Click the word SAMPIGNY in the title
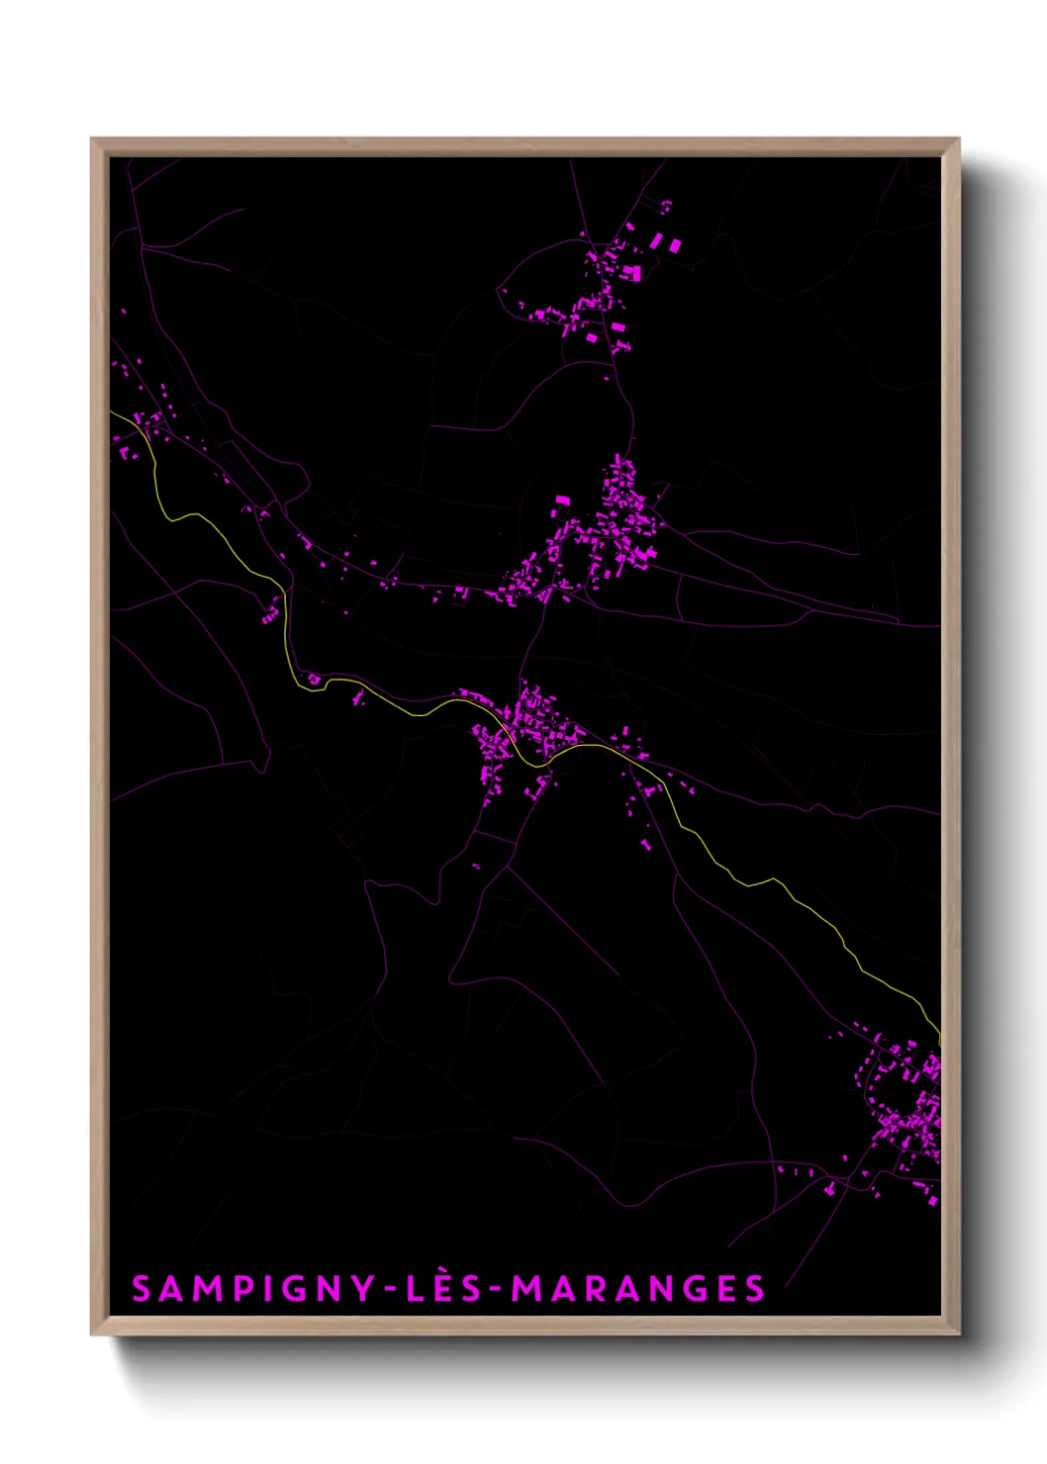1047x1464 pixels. (253, 1288)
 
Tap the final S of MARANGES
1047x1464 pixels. (755, 1289)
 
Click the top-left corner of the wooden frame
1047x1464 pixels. (92, 139)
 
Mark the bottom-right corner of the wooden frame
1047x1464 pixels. (958, 1334)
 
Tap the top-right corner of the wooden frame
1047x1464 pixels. (958, 139)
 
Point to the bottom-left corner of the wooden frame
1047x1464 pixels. (92, 1334)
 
